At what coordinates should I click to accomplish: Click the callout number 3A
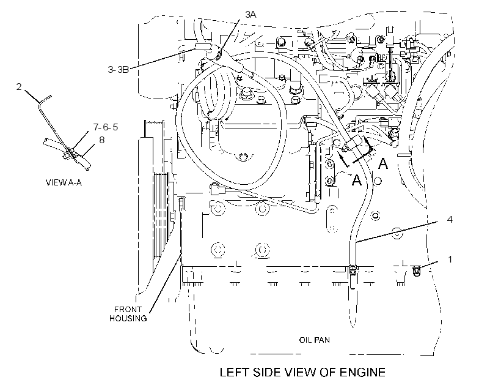(251, 15)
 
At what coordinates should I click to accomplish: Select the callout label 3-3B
(118, 70)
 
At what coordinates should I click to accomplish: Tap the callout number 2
(19, 86)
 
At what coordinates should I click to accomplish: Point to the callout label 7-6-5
(106, 127)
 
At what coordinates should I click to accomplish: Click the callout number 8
(101, 140)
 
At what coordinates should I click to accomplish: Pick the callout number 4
(450, 219)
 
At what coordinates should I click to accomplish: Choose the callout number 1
(450, 259)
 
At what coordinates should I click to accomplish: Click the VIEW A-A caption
(64, 182)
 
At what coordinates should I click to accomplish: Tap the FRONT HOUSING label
(128, 314)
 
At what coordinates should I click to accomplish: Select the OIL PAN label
(315, 340)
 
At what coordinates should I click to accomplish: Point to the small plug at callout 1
(417, 271)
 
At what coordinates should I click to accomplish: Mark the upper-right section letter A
(383, 163)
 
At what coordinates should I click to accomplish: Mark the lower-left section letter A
(356, 179)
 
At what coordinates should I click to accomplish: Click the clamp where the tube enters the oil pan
(353, 269)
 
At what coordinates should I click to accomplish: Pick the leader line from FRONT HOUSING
(165, 283)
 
